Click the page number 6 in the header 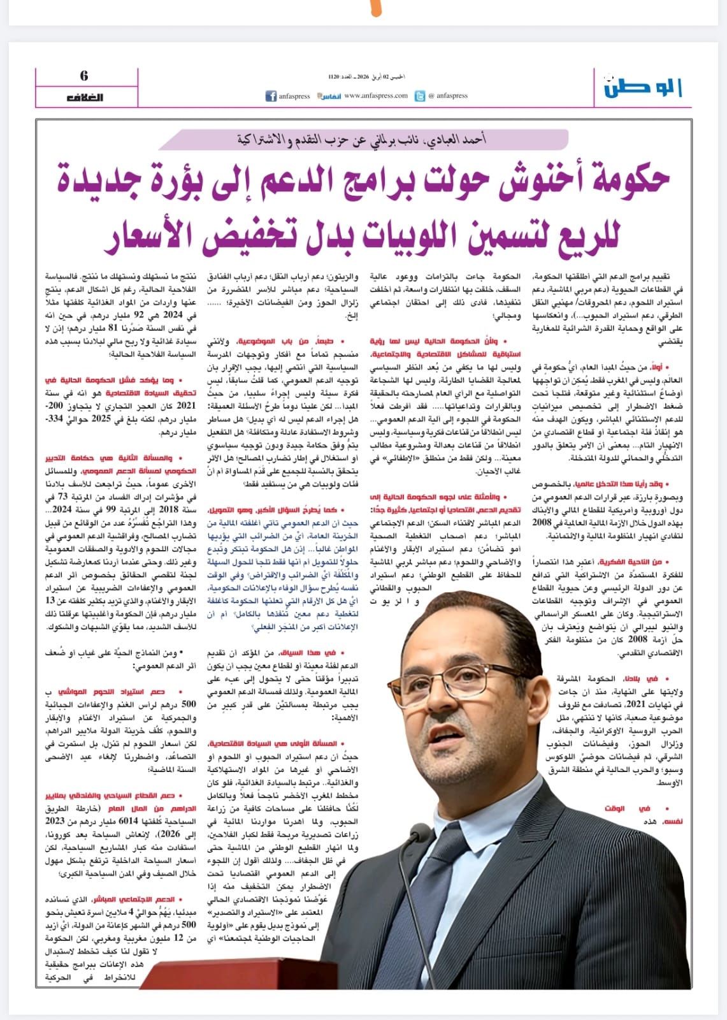click(x=84, y=76)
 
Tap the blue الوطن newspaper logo click(x=643, y=88)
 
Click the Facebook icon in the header click(x=270, y=96)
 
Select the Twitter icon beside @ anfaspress click(x=420, y=96)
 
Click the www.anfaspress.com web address click(x=375, y=96)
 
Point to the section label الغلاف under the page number click(x=85, y=98)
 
